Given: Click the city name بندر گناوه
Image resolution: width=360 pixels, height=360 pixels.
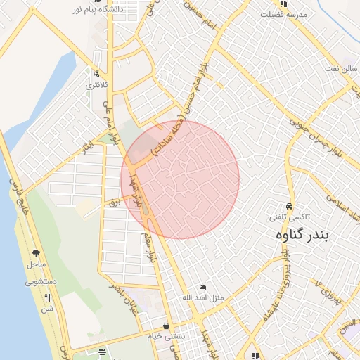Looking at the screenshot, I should point(300,235).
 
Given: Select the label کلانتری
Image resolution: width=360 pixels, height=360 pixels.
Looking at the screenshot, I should point(98,85).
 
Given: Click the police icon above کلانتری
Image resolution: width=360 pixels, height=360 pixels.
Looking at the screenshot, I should point(96,73).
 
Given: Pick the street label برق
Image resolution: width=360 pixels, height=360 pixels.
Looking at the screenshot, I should point(115,202).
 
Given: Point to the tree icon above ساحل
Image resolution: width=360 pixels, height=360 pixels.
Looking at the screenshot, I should point(35,253).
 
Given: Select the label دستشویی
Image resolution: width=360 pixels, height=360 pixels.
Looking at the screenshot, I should point(40,282).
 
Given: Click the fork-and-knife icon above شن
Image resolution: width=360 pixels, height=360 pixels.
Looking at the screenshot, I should point(47,297).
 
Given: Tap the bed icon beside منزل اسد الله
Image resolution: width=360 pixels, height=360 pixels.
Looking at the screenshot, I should point(202,288).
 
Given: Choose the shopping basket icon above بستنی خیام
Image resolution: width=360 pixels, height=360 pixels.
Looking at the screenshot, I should point(166,326).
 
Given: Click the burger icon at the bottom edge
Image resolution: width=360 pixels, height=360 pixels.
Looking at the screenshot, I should point(103,351).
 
